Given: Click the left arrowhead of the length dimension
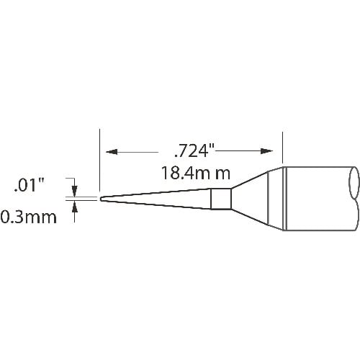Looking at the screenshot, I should click(x=110, y=152).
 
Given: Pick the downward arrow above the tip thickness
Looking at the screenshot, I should click(x=75, y=186).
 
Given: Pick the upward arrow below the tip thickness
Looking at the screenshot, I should click(x=75, y=209).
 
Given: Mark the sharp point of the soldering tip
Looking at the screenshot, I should click(x=101, y=198).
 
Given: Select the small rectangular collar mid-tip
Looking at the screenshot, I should click(x=221, y=198).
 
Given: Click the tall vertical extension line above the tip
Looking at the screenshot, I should click(x=99, y=158).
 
